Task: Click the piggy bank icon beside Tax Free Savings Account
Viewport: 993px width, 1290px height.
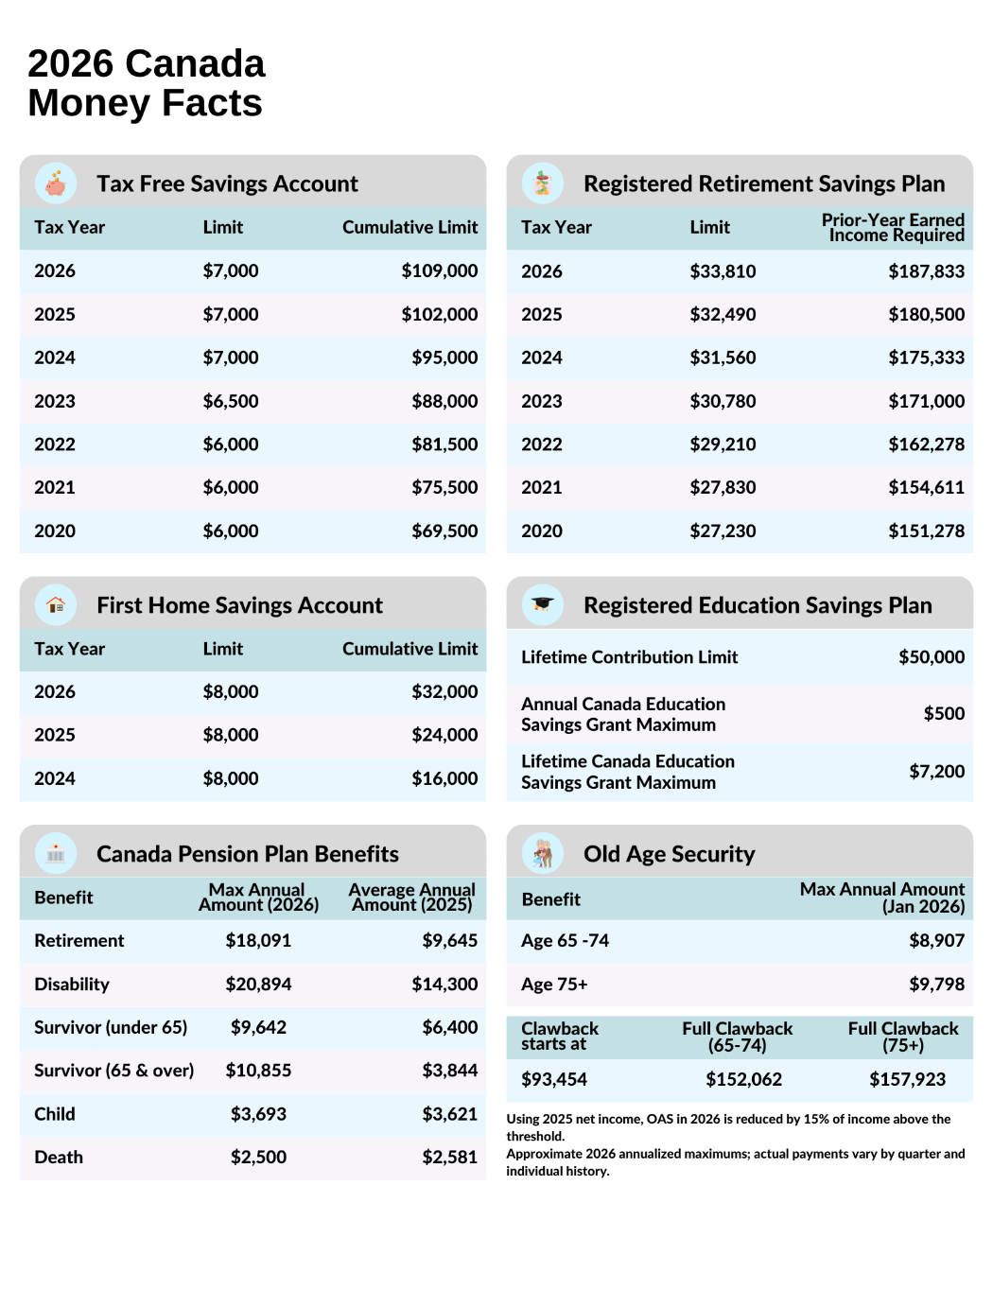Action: tap(56, 183)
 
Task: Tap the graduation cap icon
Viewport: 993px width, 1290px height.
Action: tap(542, 604)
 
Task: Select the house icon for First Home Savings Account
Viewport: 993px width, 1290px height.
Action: tap(56, 604)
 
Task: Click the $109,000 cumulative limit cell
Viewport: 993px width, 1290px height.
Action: tap(439, 271)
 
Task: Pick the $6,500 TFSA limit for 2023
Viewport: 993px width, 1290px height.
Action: tap(230, 401)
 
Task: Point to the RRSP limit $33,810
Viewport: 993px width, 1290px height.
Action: tap(723, 271)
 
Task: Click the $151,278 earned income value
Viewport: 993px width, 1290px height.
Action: tap(926, 532)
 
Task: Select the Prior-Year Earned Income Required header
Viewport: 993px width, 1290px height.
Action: tap(893, 228)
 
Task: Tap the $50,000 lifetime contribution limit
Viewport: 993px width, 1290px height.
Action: tap(931, 657)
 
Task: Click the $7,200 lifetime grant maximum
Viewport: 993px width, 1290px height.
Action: tap(936, 772)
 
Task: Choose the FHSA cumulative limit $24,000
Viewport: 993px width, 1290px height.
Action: tap(444, 735)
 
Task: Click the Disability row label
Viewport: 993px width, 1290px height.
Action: tap(72, 985)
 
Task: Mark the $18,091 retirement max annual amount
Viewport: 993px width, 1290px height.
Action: tap(258, 941)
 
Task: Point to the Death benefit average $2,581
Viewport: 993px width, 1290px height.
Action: tap(449, 1158)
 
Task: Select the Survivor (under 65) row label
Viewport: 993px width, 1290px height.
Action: tap(111, 1027)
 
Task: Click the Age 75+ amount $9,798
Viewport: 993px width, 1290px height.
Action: tap(936, 985)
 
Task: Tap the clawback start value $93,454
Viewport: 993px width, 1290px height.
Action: tap(554, 1079)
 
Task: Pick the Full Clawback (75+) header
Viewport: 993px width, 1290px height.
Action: tap(902, 1037)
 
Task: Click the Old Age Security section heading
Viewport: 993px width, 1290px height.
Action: tap(669, 854)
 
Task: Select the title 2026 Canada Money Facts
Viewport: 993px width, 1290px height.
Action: tap(147, 83)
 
